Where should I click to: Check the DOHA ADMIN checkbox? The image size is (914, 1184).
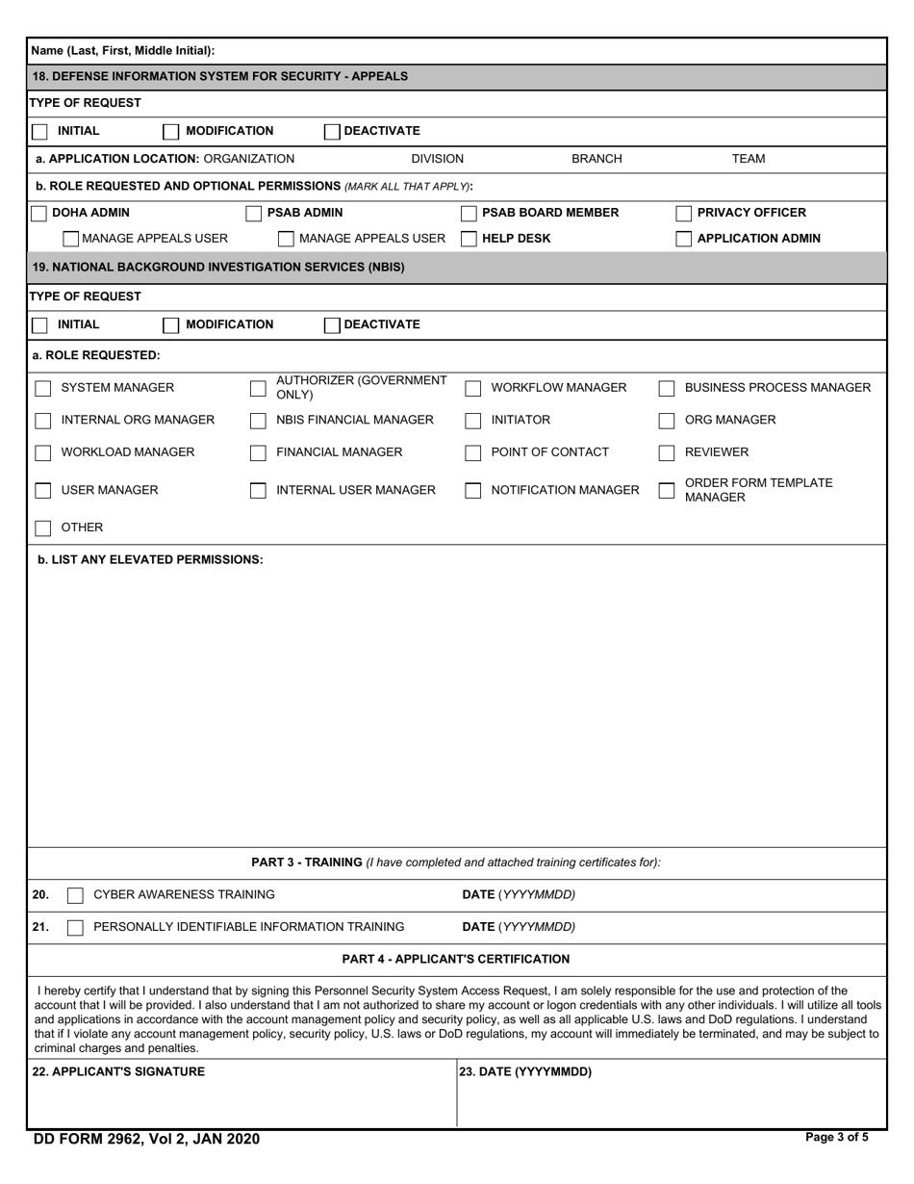(x=39, y=213)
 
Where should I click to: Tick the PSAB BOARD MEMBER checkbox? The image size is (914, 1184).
(x=470, y=213)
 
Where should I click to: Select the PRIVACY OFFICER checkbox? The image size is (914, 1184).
(x=684, y=213)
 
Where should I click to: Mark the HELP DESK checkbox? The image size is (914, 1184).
(x=470, y=239)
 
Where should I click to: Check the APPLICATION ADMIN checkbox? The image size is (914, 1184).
(x=684, y=239)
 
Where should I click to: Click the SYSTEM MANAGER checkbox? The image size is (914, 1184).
(x=43, y=388)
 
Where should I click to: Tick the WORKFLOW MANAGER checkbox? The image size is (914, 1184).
(x=473, y=388)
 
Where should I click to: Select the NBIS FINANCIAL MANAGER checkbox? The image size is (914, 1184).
(x=258, y=421)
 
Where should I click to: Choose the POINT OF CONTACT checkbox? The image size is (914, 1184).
(x=473, y=452)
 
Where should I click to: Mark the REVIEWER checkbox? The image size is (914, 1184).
(x=667, y=452)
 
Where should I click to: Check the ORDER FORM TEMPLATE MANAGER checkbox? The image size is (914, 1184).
(x=667, y=490)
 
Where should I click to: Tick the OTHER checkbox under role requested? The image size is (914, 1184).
(x=43, y=528)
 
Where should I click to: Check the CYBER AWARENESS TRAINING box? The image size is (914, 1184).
(x=75, y=895)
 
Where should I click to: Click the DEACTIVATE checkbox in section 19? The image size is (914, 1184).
(x=332, y=324)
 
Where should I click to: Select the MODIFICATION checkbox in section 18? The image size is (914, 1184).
(x=171, y=131)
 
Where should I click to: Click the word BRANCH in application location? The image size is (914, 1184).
(x=597, y=159)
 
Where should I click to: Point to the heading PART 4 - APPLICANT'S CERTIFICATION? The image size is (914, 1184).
(x=456, y=959)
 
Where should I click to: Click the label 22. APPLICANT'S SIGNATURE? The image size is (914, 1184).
(x=118, y=1071)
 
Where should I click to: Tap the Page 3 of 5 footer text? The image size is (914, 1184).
(x=836, y=1137)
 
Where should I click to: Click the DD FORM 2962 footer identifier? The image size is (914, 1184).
(x=146, y=1139)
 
